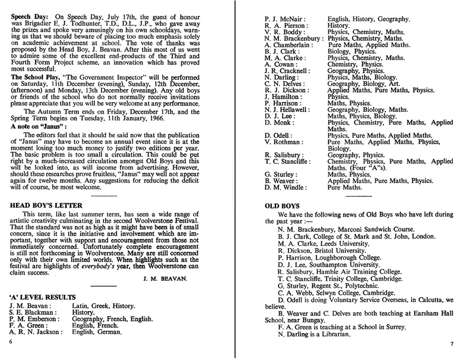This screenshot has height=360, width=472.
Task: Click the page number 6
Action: [x=11, y=341]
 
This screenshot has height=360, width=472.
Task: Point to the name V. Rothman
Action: [x=284, y=142]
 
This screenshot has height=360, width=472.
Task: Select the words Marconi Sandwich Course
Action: [x=375, y=230]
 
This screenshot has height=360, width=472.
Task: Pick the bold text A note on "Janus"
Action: [x=38, y=126]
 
